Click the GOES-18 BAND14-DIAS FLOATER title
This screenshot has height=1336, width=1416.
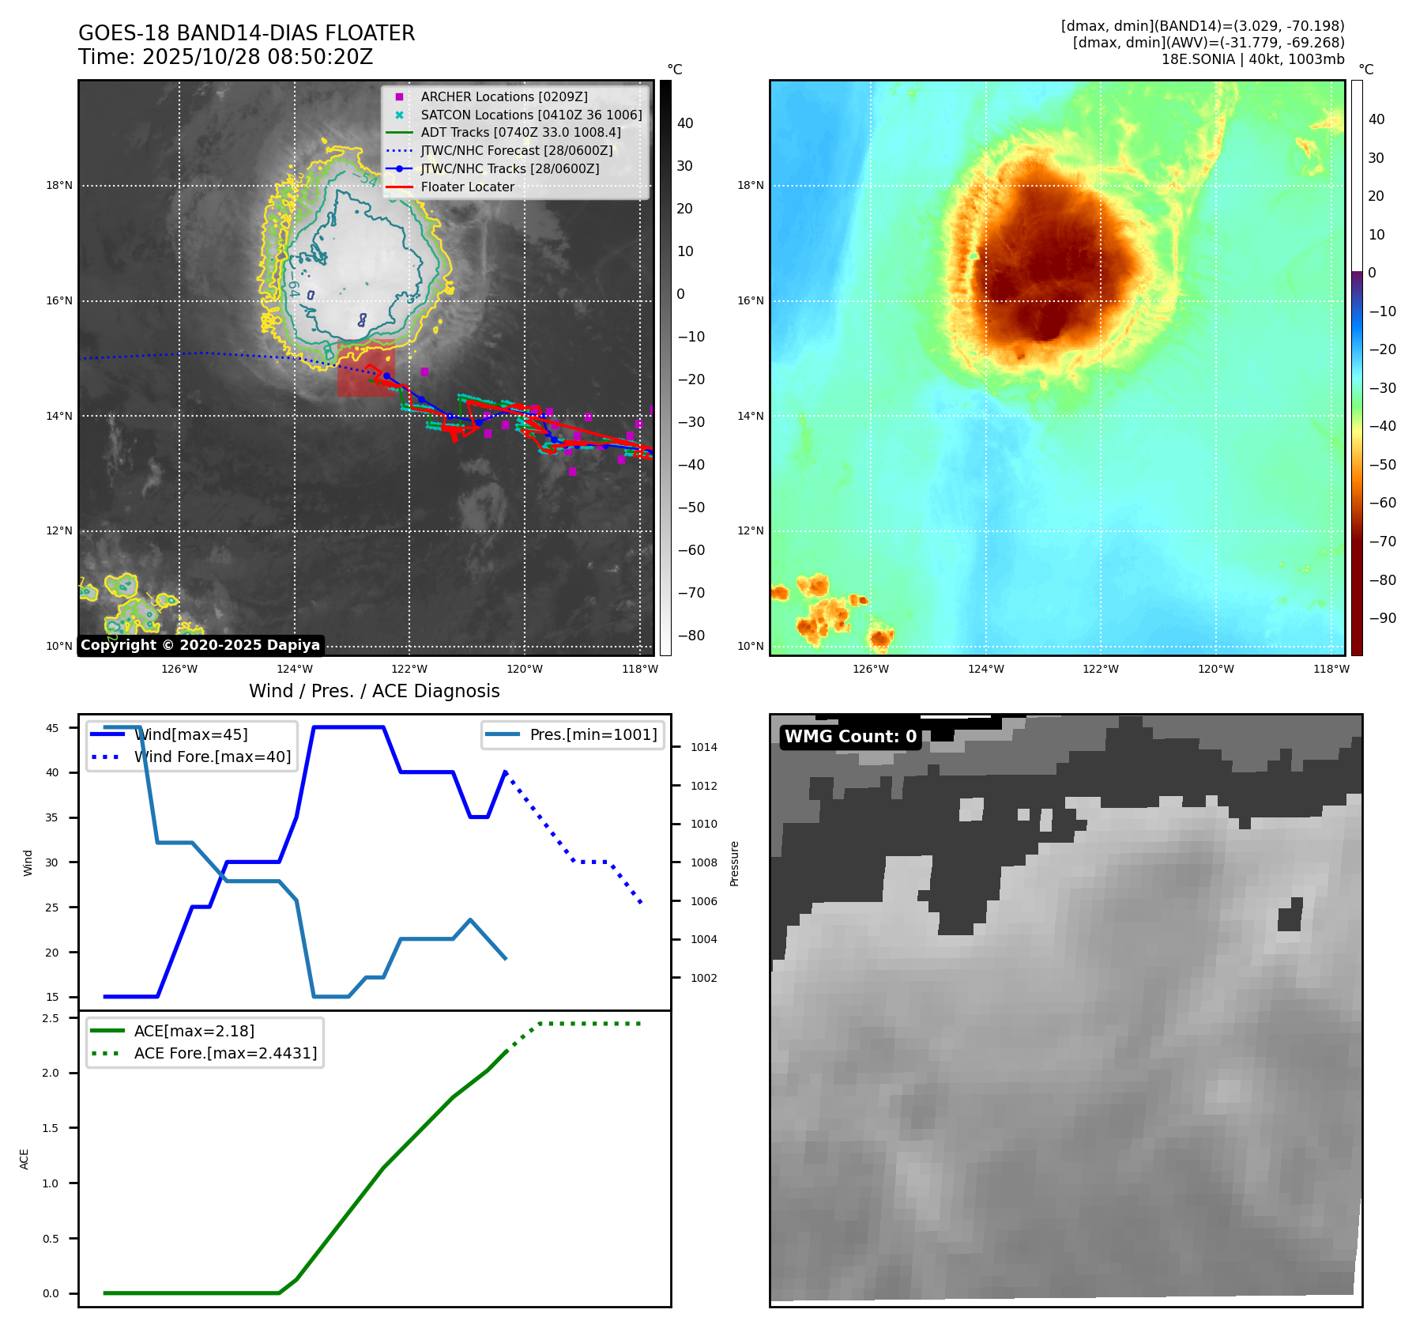(x=247, y=33)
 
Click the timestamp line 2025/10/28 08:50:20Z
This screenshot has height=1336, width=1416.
(x=225, y=57)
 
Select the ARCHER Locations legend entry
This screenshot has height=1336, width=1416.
(x=503, y=96)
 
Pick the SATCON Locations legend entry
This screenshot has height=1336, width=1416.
(x=531, y=115)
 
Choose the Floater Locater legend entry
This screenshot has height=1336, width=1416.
(x=467, y=187)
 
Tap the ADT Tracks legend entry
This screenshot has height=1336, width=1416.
(x=521, y=132)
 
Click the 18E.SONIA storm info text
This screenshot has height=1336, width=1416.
(x=1252, y=59)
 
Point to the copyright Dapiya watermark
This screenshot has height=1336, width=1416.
(x=200, y=645)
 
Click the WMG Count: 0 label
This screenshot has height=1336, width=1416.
(x=850, y=737)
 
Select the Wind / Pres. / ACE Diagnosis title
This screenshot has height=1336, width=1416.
(x=374, y=691)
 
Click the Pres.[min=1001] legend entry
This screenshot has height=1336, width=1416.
(x=593, y=734)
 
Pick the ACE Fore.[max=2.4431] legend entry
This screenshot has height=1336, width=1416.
(x=225, y=1053)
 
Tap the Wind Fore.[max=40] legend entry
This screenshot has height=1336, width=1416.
(x=213, y=757)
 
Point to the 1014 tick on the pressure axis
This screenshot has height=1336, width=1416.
(x=703, y=747)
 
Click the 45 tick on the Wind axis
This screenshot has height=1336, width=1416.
(x=52, y=728)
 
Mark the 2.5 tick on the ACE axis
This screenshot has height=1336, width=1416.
(x=51, y=1018)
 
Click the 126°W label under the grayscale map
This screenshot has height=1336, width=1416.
(x=179, y=669)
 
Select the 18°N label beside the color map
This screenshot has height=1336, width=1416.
(x=750, y=186)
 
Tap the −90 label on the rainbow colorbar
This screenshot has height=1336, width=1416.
(x=1382, y=618)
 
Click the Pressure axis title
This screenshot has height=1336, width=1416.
(x=734, y=863)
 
